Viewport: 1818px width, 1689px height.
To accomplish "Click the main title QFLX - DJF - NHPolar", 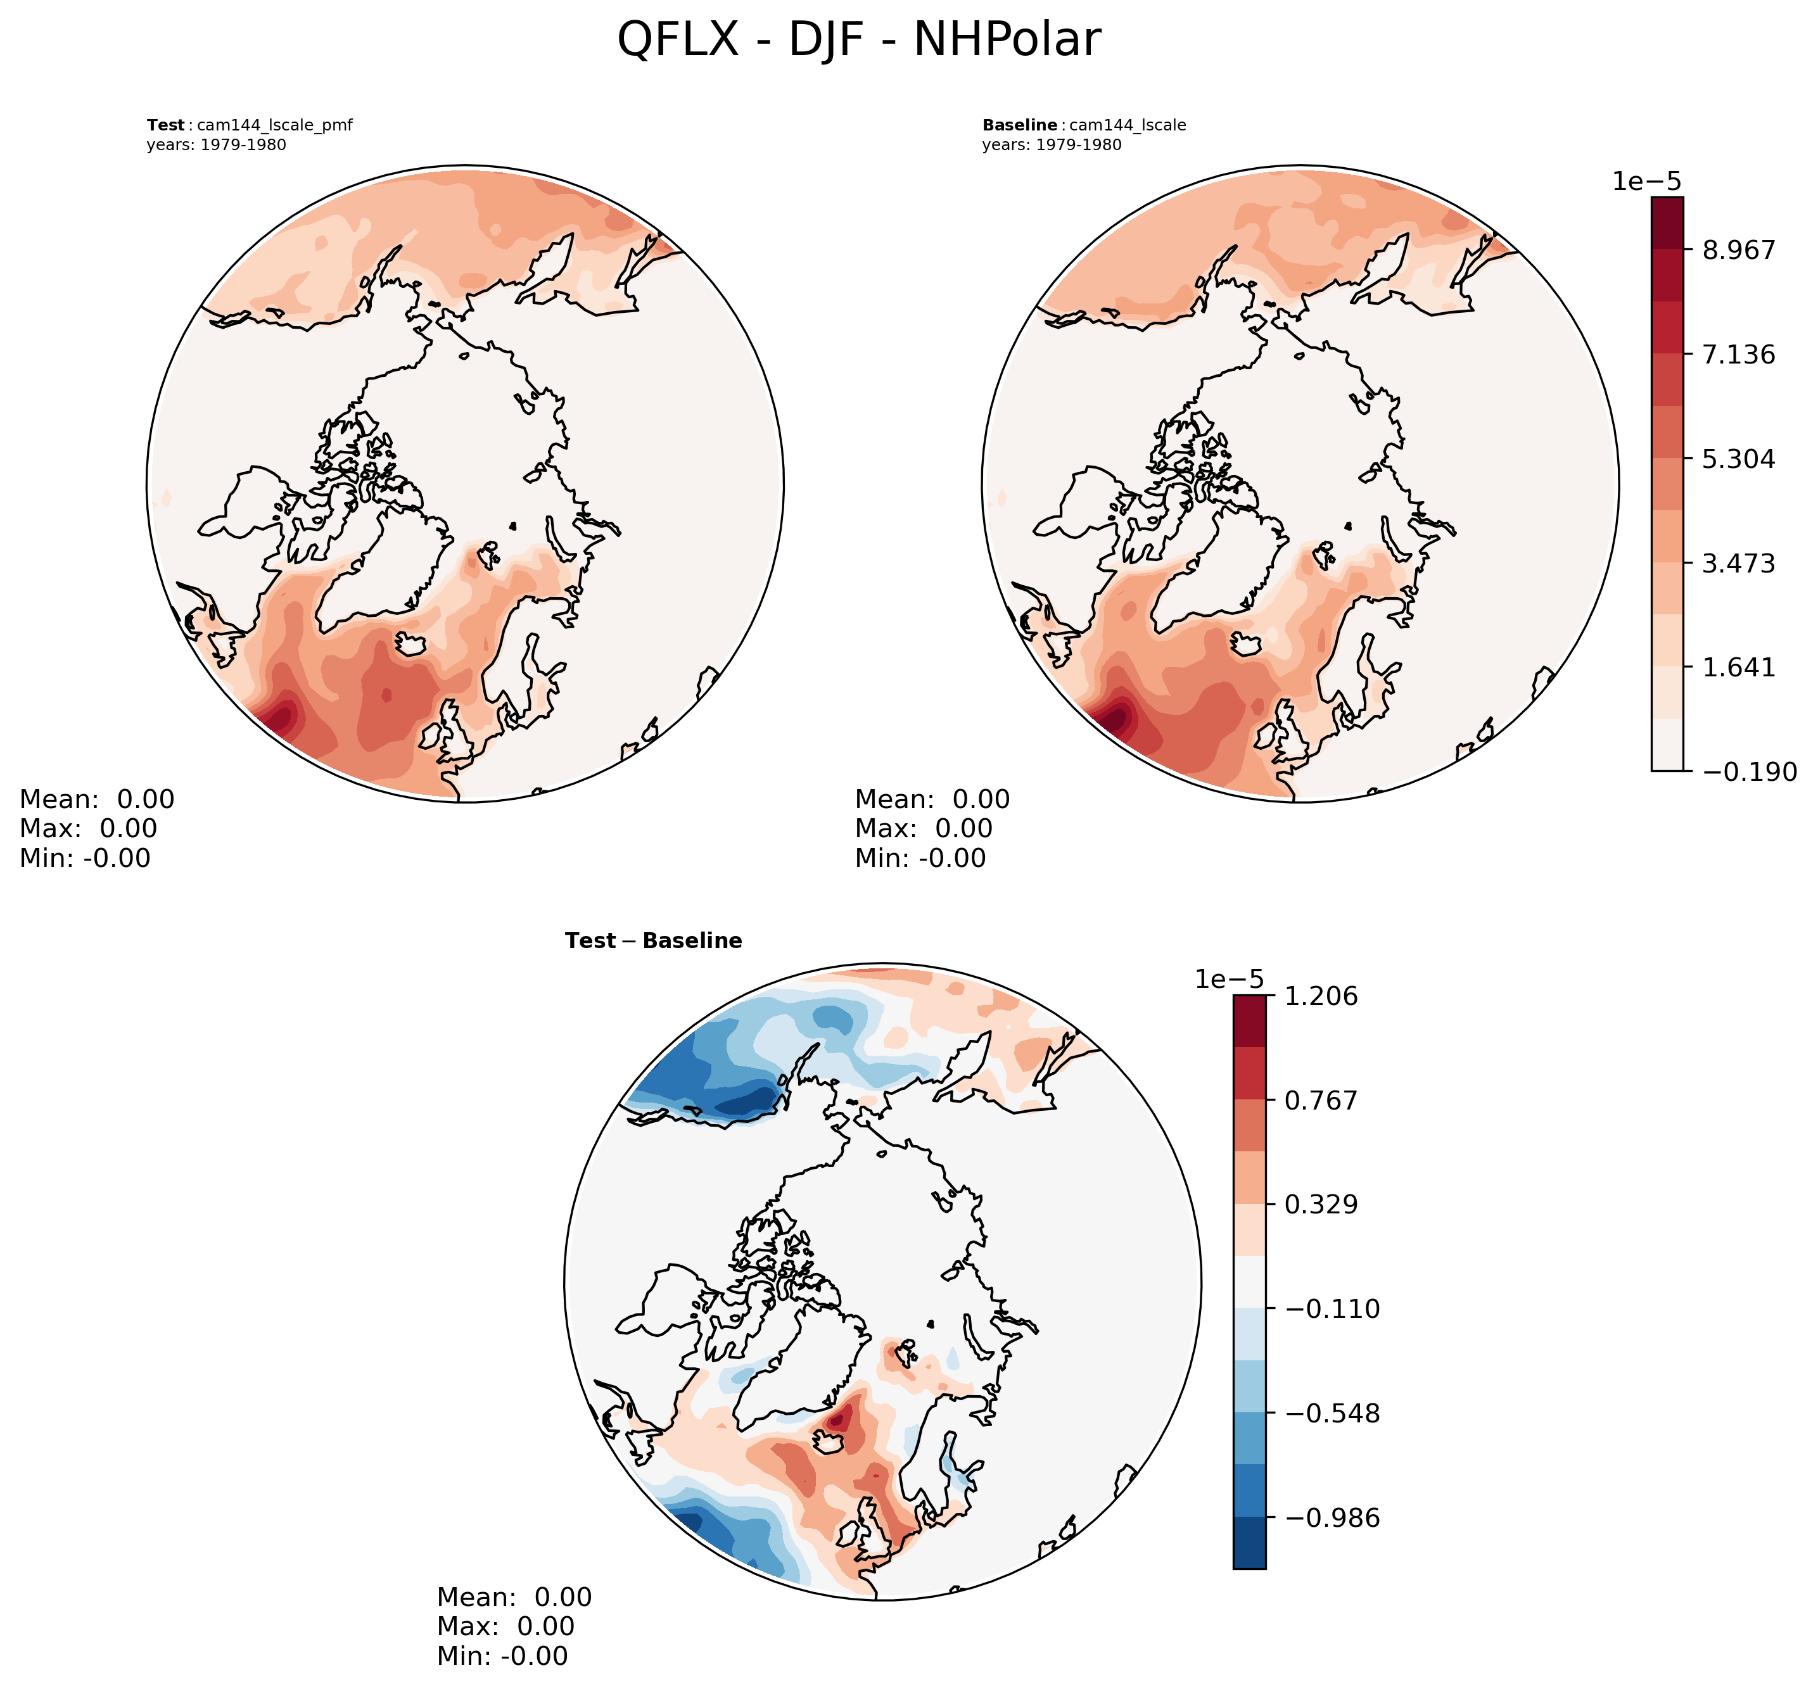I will [x=858, y=41].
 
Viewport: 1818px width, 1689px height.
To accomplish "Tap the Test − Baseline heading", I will [x=654, y=940].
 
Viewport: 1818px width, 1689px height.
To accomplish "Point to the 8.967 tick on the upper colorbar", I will [x=1738, y=250].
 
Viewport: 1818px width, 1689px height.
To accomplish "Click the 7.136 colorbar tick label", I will [x=1738, y=354].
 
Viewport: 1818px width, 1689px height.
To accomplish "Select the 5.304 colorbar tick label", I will [x=1738, y=458].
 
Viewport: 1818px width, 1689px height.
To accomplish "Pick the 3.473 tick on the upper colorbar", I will [x=1738, y=563].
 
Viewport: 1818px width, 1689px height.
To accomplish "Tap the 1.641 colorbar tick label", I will [x=1738, y=667].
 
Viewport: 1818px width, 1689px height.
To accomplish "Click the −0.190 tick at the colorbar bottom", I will [x=1748, y=772].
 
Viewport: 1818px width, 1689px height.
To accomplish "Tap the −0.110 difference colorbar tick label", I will [x=1331, y=1309].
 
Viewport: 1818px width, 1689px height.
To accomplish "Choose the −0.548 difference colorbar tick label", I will [x=1331, y=1414].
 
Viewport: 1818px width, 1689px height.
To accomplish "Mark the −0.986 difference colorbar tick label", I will [x=1331, y=1518].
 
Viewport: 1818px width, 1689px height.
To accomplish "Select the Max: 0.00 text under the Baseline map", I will [x=923, y=828].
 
